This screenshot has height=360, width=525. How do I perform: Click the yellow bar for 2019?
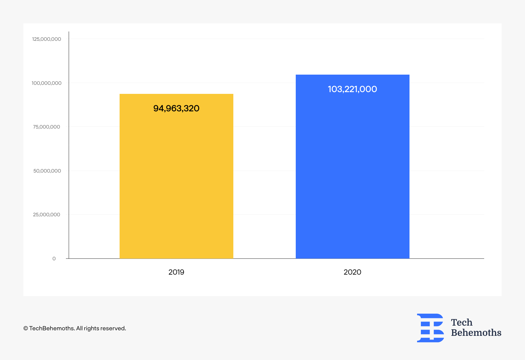tap(176, 176)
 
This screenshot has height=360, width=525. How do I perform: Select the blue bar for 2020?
tap(353, 166)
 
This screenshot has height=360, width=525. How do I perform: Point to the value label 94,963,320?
tap(176, 108)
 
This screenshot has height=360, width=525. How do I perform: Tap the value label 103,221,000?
tap(352, 89)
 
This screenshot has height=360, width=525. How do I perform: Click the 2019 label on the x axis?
tap(176, 272)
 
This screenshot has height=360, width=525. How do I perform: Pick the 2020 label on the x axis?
tap(352, 272)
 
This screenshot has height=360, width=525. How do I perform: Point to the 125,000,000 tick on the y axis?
tap(47, 39)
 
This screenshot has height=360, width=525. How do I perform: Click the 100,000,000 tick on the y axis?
tap(47, 83)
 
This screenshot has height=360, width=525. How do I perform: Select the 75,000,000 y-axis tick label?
tap(47, 127)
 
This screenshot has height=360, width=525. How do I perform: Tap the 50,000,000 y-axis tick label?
tap(47, 171)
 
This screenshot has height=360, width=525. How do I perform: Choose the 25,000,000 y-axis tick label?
tap(47, 215)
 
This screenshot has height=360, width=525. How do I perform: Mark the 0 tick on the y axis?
tap(54, 259)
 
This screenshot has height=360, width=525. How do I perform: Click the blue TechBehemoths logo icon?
tap(430, 328)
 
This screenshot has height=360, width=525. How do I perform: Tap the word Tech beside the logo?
tap(462, 322)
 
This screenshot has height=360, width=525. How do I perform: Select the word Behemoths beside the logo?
tap(476, 333)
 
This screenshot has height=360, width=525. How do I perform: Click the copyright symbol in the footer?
tap(26, 328)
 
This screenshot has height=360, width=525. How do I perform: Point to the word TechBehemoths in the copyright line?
tap(52, 328)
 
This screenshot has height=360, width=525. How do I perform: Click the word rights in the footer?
tap(91, 329)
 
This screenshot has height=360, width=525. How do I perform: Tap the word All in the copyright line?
tap(79, 328)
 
